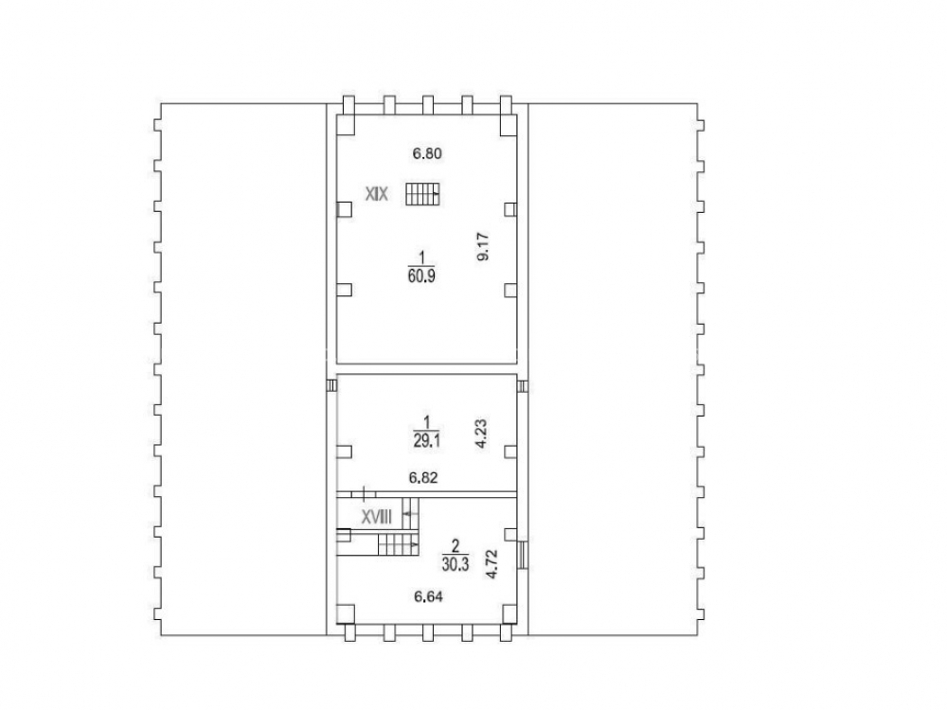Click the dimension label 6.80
click(x=427, y=154)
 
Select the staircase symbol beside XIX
click(x=421, y=194)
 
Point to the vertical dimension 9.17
click(x=483, y=247)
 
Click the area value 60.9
click(x=421, y=276)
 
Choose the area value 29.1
click(x=426, y=441)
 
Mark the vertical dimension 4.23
click(x=481, y=435)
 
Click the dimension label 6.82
click(x=423, y=478)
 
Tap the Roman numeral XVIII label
click(x=377, y=518)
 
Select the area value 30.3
click(x=456, y=567)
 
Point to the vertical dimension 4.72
click(x=492, y=564)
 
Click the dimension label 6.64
click(x=428, y=597)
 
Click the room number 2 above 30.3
click(x=456, y=546)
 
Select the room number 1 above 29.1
click(x=427, y=421)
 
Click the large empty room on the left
click(x=242, y=369)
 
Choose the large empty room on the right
click(x=613, y=369)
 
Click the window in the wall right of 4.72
click(x=523, y=554)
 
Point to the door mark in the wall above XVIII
click(x=365, y=493)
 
